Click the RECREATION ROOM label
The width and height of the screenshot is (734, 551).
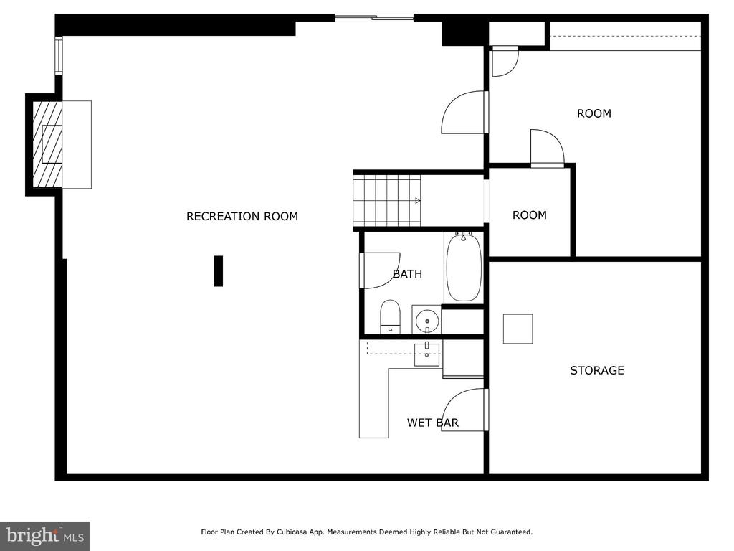coord(242,216)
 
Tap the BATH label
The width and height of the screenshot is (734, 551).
coord(407,273)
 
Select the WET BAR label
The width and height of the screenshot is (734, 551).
coord(432,423)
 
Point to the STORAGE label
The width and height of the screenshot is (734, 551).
coord(597,370)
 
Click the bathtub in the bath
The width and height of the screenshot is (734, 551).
coord(464,268)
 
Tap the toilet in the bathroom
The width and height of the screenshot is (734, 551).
coord(390,316)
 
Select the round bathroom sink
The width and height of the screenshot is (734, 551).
coord(427,321)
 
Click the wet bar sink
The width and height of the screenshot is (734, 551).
coord(427,354)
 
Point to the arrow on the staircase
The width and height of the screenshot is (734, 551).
coord(416,201)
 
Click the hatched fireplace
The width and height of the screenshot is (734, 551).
coord(47,144)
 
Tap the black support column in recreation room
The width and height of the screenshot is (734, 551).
coord(218,270)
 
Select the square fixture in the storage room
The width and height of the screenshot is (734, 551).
coord(518,329)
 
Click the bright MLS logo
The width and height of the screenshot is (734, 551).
coord(45,535)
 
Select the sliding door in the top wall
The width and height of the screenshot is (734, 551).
coord(374,18)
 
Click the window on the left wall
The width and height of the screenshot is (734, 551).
coord(59,56)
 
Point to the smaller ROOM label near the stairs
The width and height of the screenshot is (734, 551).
coord(530,215)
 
